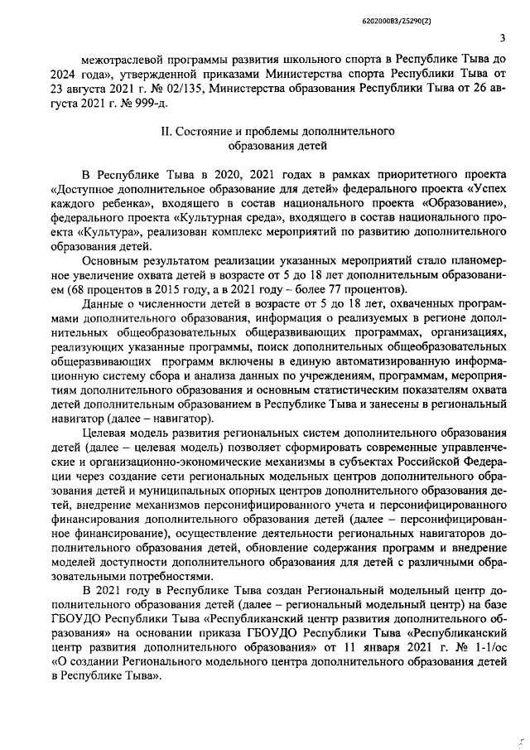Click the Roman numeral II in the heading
click(x=166, y=132)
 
